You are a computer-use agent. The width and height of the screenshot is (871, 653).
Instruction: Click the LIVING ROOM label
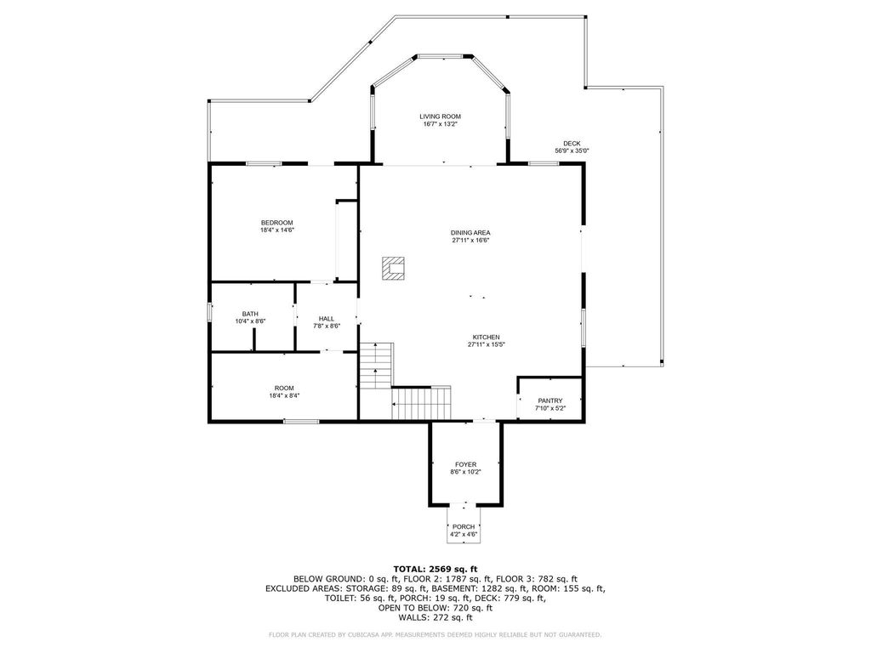[x=440, y=116]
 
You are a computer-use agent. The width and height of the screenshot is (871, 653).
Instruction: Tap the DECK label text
[x=572, y=143]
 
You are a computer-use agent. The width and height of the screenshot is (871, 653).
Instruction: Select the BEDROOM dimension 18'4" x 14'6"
[x=276, y=230]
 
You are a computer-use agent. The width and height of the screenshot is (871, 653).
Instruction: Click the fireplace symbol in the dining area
[x=393, y=268]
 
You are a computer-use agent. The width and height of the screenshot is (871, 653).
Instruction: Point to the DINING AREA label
[x=470, y=232]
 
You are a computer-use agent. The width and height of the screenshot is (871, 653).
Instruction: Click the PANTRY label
[x=550, y=401]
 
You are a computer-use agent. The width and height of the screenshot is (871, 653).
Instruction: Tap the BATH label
[x=250, y=314]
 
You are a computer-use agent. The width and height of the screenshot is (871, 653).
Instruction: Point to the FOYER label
[x=465, y=464]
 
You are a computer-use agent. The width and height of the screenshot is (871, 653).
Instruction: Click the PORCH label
[x=464, y=527]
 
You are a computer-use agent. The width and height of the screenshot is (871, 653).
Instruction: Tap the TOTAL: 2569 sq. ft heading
[x=435, y=569]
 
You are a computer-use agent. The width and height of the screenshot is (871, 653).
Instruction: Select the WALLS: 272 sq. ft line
[x=435, y=617]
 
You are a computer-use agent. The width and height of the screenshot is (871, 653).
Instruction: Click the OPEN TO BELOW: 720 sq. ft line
[x=435, y=608]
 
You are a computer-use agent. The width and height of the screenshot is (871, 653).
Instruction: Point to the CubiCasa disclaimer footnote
[x=435, y=634]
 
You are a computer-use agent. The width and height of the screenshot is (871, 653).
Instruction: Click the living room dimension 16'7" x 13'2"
[x=440, y=124]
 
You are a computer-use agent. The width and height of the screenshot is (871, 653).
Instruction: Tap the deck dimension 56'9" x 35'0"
[x=572, y=150]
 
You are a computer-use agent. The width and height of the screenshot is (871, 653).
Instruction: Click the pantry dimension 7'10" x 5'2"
[x=550, y=409]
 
